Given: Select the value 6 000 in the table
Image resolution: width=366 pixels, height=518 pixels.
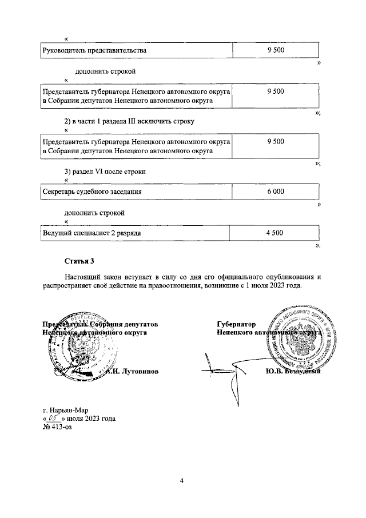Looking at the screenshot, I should (x=275, y=192).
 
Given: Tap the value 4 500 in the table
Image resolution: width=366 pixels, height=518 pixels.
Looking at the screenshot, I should (x=274, y=233).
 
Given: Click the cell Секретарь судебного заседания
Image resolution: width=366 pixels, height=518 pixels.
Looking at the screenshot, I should (x=92, y=192).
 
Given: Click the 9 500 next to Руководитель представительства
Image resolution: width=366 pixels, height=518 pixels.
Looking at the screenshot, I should (x=275, y=51).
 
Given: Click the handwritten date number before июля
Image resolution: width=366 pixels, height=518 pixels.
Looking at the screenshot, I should (x=55, y=418).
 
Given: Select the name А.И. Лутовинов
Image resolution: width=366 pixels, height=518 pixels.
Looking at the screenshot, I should (x=132, y=370).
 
